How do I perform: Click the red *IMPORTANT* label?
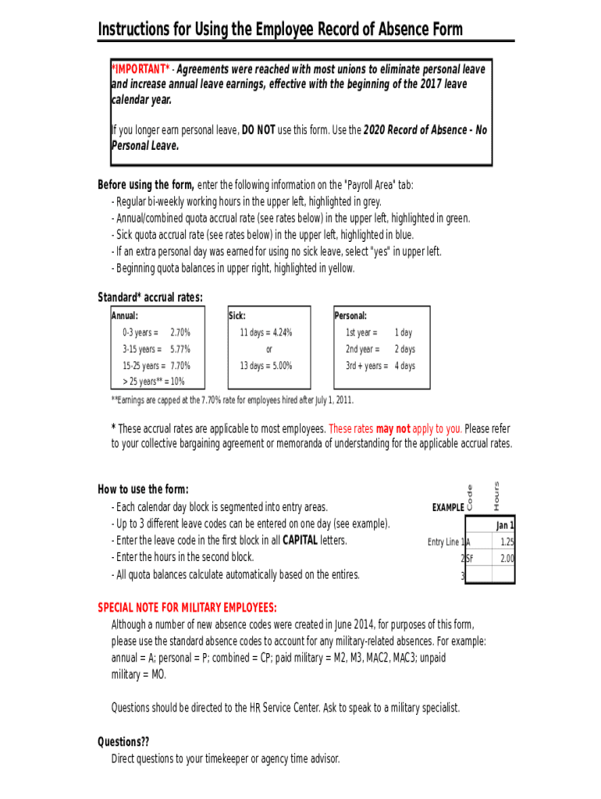coord(141,69)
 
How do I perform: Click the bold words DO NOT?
coord(258,130)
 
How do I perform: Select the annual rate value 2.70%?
coord(180,332)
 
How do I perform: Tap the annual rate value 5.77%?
coord(180,350)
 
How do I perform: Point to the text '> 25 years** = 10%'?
coord(153,382)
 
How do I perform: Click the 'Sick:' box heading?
coord(237,316)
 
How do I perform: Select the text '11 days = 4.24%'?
coord(266,332)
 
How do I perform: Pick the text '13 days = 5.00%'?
coord(266,366)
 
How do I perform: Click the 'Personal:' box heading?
coord(350,316)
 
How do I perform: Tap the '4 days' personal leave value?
coord(404,366)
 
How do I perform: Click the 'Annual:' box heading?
coord(125,316)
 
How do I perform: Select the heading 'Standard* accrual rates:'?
coord(150,297)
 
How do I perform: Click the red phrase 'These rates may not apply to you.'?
coord(396,428)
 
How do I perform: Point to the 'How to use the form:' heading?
coord(143,490)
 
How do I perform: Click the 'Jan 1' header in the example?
coord(505,525)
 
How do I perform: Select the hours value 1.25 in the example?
coord(507,542)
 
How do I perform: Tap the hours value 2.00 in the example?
coord(507,559)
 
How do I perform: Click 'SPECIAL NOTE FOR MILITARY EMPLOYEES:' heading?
coord(187,608)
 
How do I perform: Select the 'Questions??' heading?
coord(123,741)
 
